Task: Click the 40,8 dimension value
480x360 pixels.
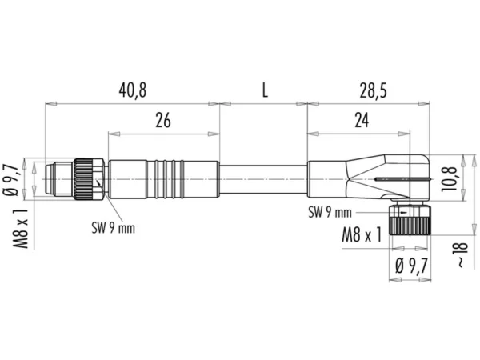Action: pos(133,90)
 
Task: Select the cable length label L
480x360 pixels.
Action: pos(265,90)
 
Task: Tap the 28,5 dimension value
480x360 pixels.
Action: pos(373,90)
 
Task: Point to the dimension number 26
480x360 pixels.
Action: pos(163,120)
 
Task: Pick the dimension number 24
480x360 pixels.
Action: pos(362,120)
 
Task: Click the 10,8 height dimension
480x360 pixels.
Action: pos(448,179)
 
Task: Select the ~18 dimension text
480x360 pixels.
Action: pos(462,254)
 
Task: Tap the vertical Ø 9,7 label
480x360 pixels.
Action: pos(11,180)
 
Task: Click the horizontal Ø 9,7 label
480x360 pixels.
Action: pos(411,266)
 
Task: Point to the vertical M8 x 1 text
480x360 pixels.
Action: pos(21,229)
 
